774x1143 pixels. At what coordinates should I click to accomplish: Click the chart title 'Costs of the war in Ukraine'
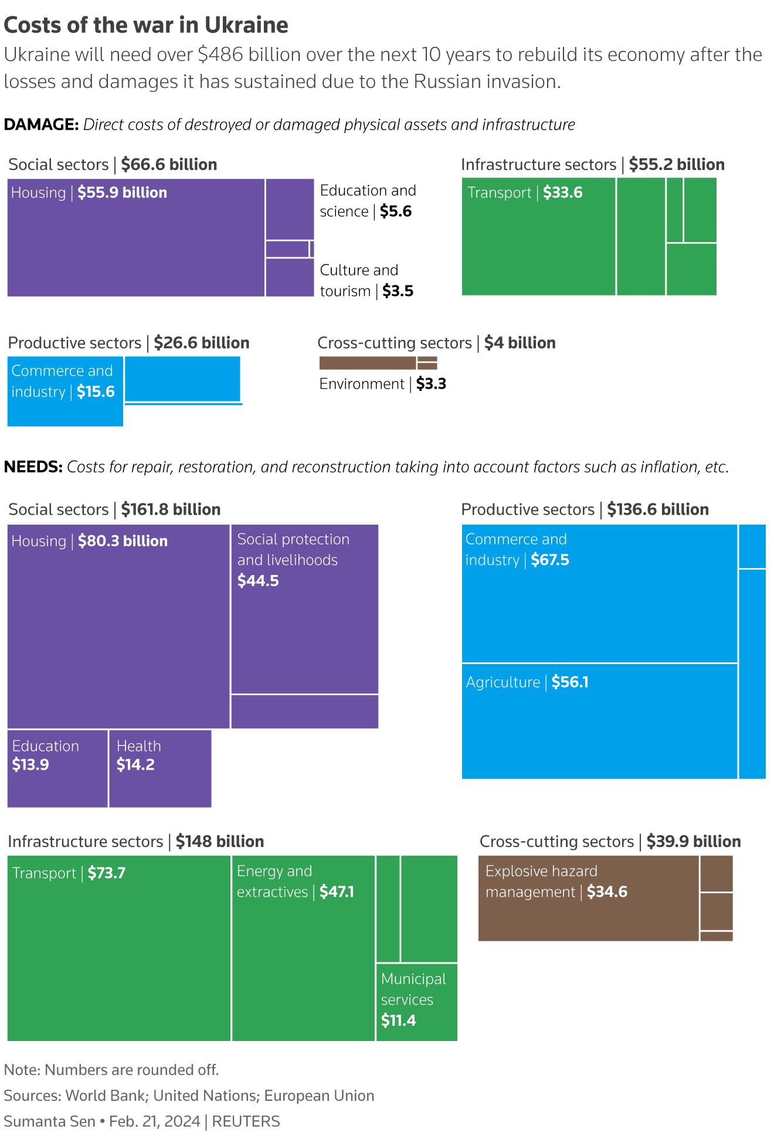tap(146, 25)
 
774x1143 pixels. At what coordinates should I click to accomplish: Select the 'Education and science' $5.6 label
tap(368, 201)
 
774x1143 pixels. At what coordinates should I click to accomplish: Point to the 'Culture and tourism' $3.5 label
tap(366, 281)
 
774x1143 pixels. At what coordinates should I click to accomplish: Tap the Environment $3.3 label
tap(382, 384)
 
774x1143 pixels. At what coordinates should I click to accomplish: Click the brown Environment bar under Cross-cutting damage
tap(367, 363)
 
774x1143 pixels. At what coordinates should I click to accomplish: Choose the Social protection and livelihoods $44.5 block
tap(304, 609)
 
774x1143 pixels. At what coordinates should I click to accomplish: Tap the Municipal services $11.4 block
tap(416, 1002)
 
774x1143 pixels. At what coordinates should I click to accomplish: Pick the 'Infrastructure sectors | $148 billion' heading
tap(136, 842)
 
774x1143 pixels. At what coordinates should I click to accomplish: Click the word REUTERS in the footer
tap(246, 1121)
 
